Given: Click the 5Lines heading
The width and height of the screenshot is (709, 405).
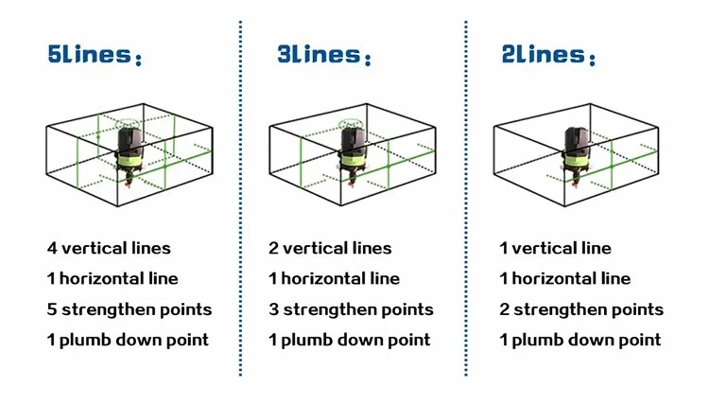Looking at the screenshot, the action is click(95, 55).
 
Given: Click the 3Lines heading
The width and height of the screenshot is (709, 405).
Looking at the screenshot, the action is click(323, 55).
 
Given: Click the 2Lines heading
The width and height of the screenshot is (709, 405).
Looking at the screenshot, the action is click(548, 55).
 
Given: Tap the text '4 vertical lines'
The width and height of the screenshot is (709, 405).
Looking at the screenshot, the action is click(109, 248).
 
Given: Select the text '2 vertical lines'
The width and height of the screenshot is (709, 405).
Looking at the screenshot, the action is click(330, 248).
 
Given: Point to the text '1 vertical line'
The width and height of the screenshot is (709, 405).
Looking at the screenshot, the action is click(555, 248).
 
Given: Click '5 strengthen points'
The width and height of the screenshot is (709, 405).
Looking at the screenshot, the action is click(130, 310).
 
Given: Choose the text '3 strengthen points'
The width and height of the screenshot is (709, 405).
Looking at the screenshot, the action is click(351, 310).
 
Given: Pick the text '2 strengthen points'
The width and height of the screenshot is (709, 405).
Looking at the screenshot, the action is click(581, 310).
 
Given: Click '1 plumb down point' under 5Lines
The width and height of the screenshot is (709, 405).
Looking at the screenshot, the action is click(128, 341).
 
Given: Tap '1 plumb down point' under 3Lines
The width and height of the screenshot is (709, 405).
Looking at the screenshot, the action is click(350, 341).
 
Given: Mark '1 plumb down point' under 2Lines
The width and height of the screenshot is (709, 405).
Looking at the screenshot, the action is click(580, 341).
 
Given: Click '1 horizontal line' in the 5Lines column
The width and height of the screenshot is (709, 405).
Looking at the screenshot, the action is click(112, 278).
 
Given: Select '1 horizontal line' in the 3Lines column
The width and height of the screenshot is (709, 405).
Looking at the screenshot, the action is click(334, 278).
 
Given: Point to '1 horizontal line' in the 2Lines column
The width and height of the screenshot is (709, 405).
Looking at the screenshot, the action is click(564, 278).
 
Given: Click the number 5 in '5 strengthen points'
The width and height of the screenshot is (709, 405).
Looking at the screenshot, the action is click(52, 309).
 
